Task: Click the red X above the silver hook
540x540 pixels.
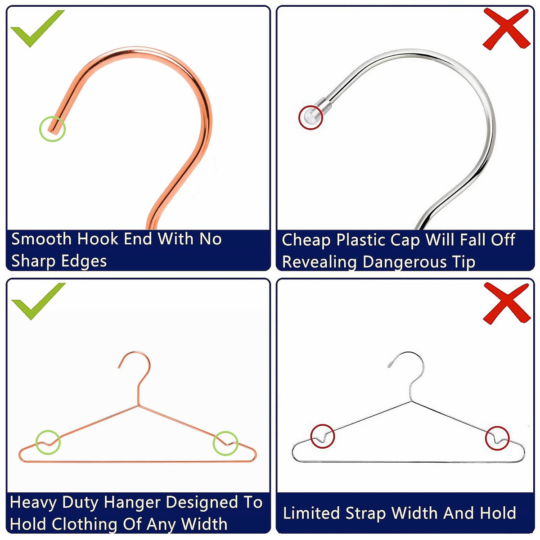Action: click(506, 29)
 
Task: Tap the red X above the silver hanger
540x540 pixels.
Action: click(507, 303)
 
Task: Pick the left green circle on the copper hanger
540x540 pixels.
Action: click(36, 442)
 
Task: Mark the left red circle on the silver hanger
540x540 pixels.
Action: click(311, 436)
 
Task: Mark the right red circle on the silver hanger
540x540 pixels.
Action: click(486, 438)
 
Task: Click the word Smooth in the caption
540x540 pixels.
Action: click(41, 239)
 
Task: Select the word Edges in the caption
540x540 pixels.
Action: click(84, 261)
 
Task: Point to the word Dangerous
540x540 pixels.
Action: click(404, 262)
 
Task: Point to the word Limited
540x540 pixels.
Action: click(311, 513)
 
